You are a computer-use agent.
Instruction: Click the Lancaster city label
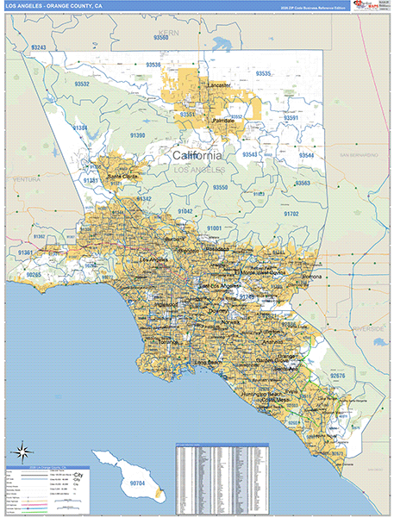(x=220, y=86)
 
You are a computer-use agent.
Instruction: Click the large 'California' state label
(x=197, y=155)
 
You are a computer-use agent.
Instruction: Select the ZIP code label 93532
(x=82, y=84)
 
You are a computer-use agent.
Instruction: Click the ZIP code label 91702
(x=291, y=213)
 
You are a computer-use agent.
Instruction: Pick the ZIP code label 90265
(x=34, y=273)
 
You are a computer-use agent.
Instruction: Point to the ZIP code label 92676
(x=337, y=376)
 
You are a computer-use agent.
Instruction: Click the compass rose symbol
(x=22, y=450)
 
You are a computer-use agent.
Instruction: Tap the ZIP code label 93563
(x=303, y=183)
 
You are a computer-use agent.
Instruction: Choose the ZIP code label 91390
(x=138, y=135)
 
